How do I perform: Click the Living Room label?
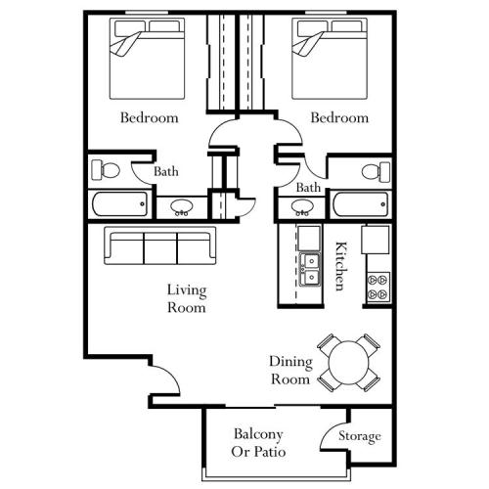coord(186,298)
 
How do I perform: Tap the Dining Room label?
coord(289,370)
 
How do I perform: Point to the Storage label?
coord(359,436)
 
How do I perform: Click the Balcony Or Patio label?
coord(258,442)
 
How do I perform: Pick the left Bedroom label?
coord(149,118)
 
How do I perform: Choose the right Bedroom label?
coord(339,118)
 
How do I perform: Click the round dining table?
coord(351,363)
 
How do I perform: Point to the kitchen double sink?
coord(309,268)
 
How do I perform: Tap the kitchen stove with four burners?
coord(377,284)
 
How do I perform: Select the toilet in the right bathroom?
coord(374,172)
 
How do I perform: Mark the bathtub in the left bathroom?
coord(118,204)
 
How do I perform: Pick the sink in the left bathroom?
coord(181,206)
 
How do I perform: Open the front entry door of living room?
coord(164,376)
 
